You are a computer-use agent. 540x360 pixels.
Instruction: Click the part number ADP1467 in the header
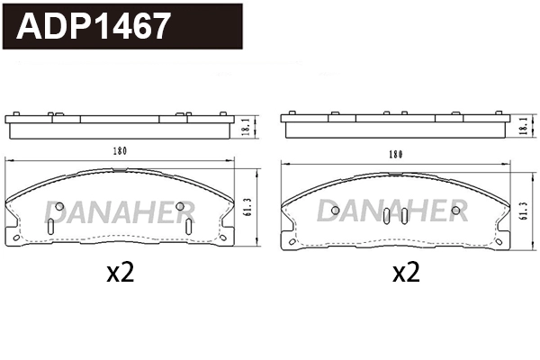pyautogui.click(x=94, y=27)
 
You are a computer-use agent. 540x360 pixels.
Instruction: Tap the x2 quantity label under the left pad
pyautogui.click(x=119, y=273)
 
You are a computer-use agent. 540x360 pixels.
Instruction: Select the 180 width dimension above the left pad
pyautogui.click(x=119, y=150)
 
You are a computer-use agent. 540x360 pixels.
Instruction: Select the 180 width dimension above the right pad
pyautogui.click(x=394, y=154)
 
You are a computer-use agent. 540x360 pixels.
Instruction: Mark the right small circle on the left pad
pyautogui.click(x=181, y=206)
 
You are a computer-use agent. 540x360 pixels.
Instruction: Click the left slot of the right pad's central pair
pyautogui.click(x=387, y=217)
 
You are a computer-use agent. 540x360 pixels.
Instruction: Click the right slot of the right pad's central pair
pyautogui.click(x=404, y=217)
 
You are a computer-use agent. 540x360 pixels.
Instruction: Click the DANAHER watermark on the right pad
pyautogui.click(x=393, y=211)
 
